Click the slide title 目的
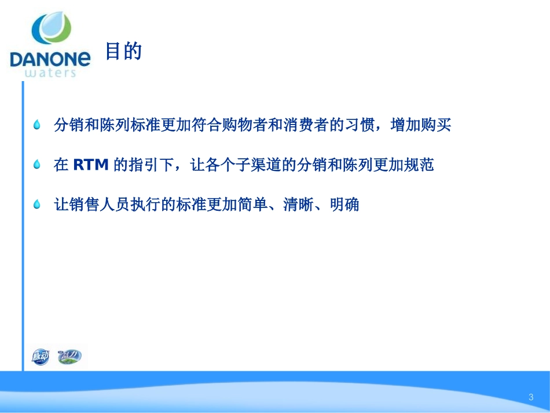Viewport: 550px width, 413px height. point(123,52)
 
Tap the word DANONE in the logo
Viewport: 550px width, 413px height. point(50,59)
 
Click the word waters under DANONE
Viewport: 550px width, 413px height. point(51,72)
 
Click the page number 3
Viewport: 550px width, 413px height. point(530,397)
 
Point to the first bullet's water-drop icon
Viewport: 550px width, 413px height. point(38,125)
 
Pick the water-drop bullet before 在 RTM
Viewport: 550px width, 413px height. point(38,165)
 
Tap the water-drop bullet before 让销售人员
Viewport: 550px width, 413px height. point(38,204)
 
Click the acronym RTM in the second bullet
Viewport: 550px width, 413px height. point(91,165)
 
